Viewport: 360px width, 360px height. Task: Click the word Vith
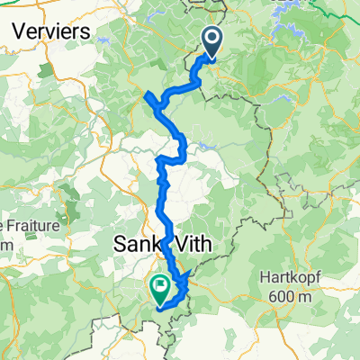tap(194, 244)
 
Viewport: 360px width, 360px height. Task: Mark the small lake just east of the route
tap(210, 143)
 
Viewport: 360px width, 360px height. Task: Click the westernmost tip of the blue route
tap(145, 94)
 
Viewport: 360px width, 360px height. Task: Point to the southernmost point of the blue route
tap(162, 308)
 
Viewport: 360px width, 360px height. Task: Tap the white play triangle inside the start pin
tap(213, 39)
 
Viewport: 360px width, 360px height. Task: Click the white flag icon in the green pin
tap(160, 287)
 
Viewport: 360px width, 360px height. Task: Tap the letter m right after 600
tap(309, 296)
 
